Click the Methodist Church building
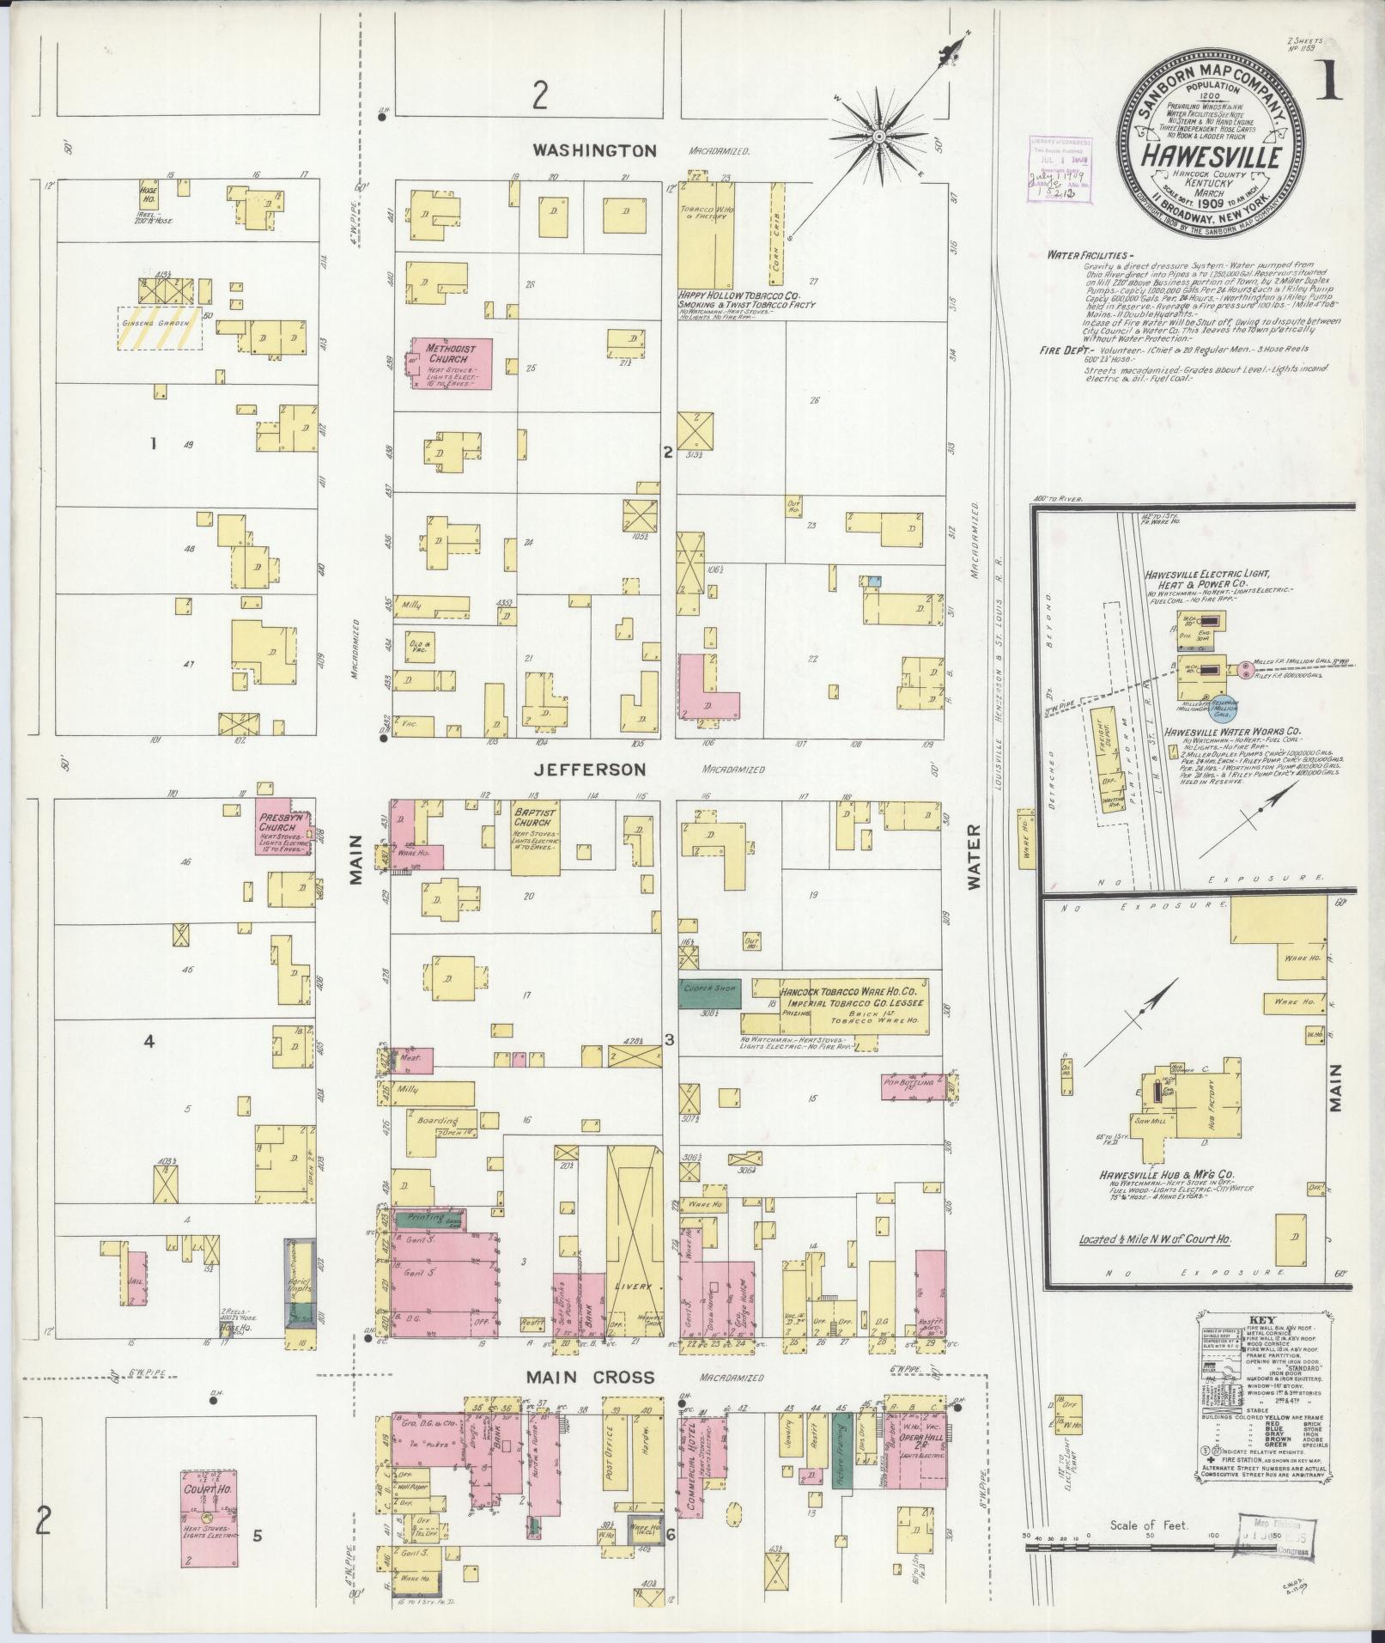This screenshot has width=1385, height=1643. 454,363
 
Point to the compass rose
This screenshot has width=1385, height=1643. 878,137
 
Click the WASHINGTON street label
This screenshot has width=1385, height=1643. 595,150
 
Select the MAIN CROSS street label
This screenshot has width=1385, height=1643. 592,1377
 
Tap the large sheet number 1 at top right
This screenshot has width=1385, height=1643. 1333,84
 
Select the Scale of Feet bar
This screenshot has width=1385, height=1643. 1168,1549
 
